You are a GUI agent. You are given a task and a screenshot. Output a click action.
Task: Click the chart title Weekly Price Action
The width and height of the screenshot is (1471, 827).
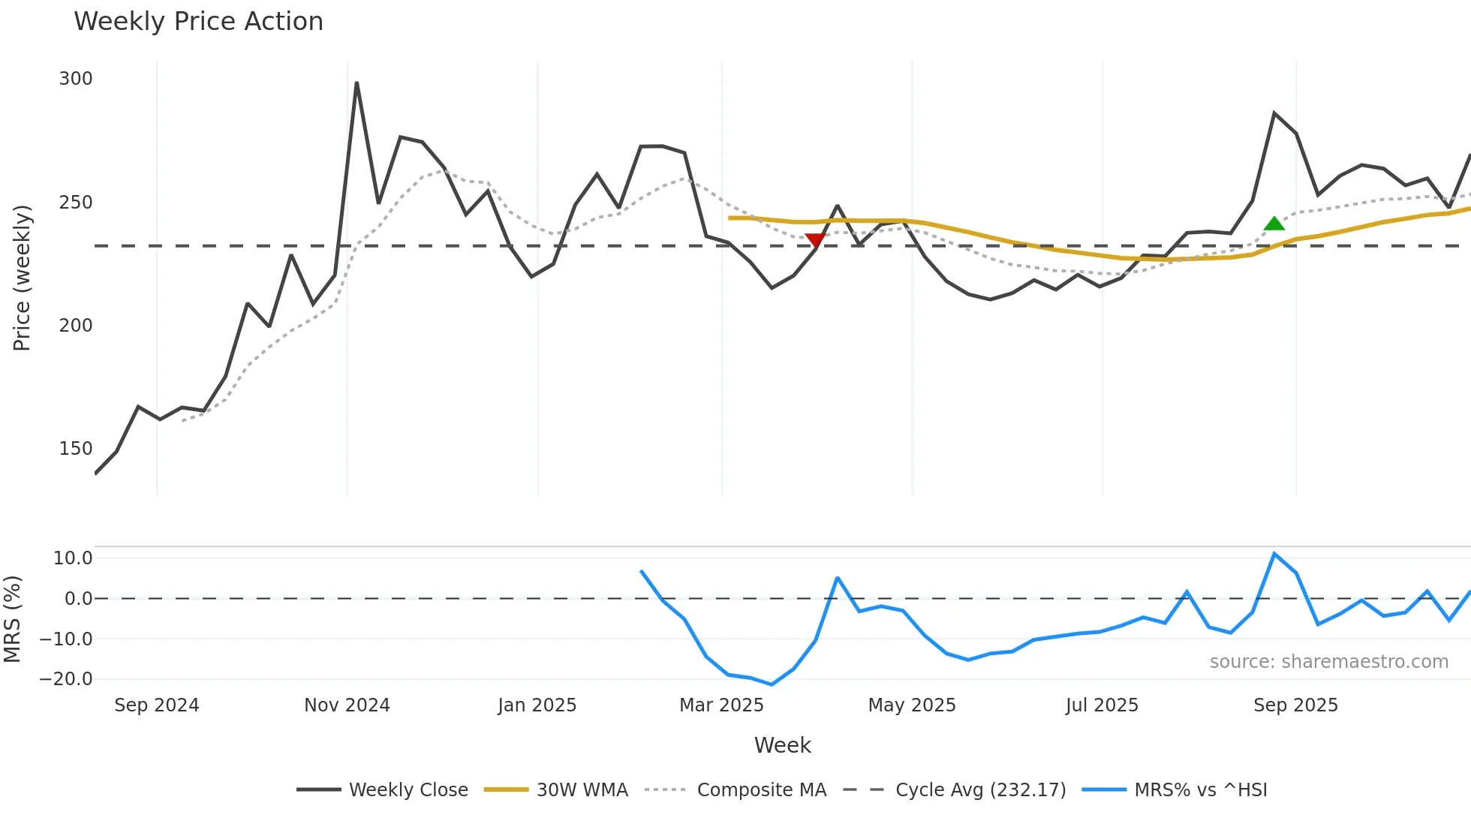coord(198,22)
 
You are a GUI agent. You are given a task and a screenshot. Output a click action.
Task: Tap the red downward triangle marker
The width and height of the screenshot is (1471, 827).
coord(815,240)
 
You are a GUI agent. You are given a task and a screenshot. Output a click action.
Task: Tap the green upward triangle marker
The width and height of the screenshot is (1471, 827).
coord(1274,224)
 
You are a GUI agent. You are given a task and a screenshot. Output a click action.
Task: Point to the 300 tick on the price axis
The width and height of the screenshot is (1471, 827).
coord(76,79)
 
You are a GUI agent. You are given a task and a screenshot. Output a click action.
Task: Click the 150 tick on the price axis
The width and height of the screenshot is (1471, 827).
coord(76,449)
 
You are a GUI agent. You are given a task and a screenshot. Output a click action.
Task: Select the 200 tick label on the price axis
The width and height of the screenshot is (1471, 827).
coord(76,326)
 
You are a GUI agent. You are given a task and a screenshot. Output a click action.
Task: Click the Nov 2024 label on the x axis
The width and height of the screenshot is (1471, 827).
coord(347,705)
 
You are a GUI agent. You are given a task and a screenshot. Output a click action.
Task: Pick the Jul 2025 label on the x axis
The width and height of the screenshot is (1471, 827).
coord(1102,705)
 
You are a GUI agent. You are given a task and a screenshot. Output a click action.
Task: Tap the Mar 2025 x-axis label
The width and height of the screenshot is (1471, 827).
coord(721,705)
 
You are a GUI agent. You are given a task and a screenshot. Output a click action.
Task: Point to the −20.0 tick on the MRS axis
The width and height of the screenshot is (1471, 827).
coord(66,679)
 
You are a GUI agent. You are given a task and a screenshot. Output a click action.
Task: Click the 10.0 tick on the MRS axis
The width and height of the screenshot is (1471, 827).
coord(73,558)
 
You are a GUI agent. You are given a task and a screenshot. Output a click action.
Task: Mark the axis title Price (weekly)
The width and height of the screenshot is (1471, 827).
coord(23,278)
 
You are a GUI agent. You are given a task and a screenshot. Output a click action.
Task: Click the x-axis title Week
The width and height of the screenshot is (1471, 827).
coord(782,745)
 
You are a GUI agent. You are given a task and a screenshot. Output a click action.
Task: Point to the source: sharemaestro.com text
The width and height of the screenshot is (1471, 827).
coord(1328,662)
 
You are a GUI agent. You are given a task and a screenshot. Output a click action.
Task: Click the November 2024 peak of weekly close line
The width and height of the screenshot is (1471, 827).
coord(356,83)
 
